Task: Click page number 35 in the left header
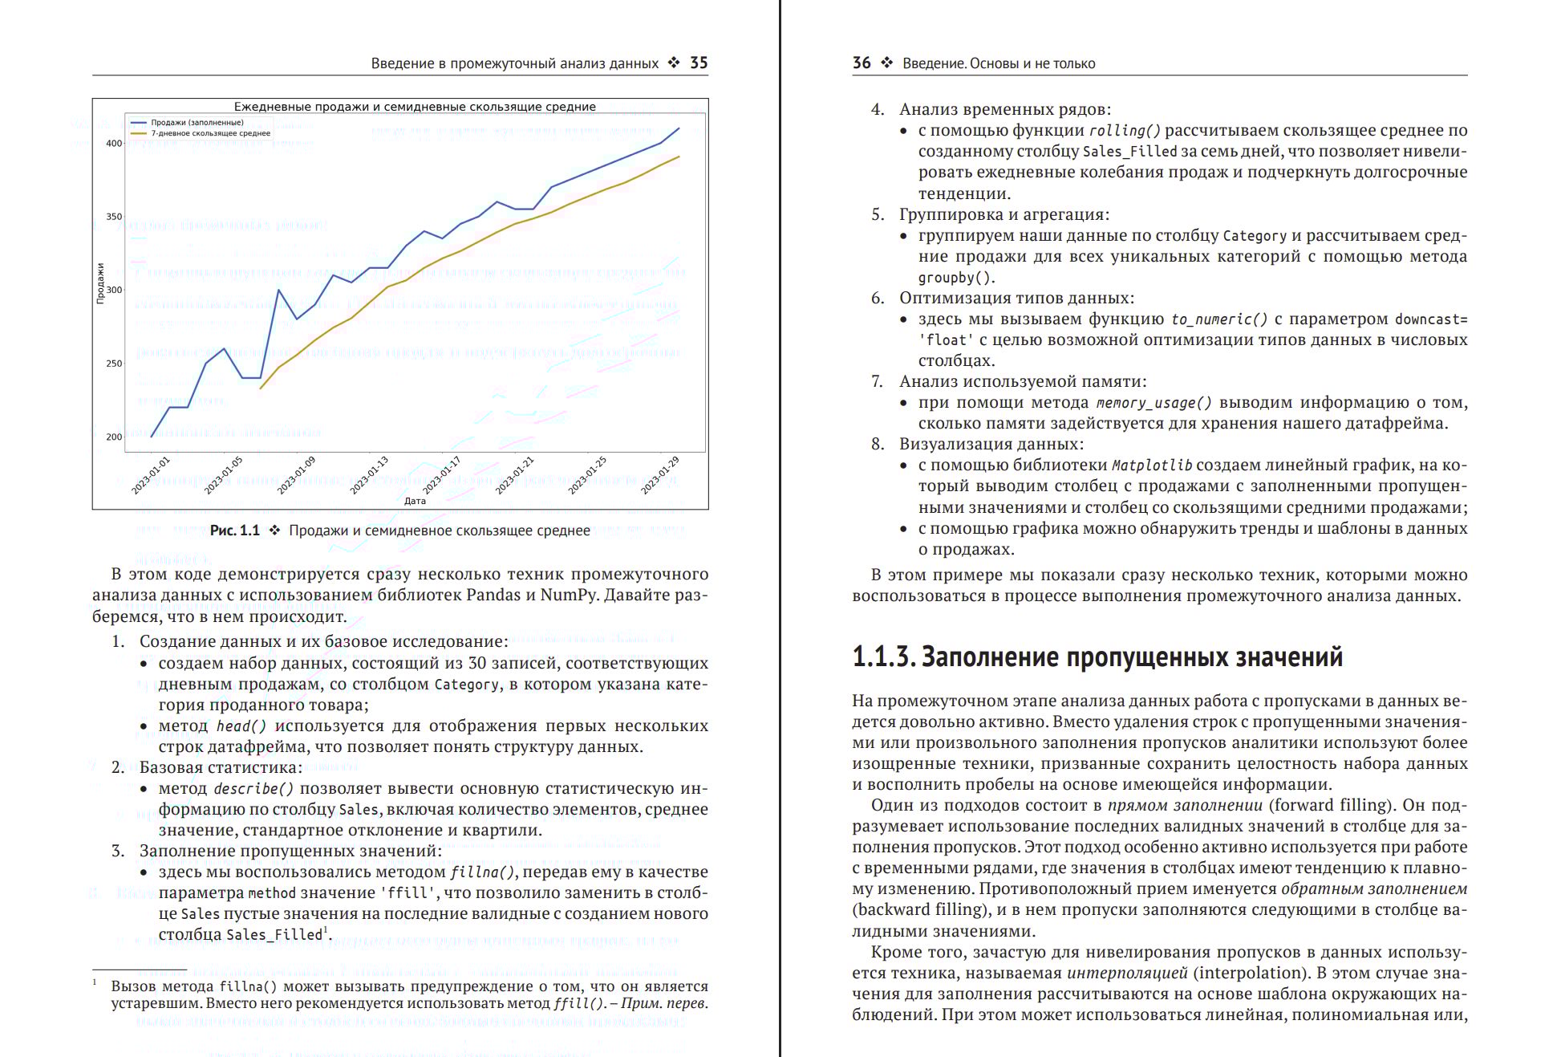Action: pos(699,63)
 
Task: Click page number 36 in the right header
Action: pos(862,63)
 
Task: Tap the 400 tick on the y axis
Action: pos(114,144)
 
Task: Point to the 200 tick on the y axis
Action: pos(114,437)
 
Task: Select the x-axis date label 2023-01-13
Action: pos(369,474)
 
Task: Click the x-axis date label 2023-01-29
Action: pos(660,474)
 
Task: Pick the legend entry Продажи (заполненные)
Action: pos(197,123)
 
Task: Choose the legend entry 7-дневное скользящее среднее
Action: pos(210,133)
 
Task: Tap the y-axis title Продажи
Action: pos(100,283)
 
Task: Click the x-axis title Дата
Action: pos(415,501)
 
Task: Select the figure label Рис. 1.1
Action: pos(234,531)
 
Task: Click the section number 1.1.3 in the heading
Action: pos(883,657)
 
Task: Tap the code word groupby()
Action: pos(956,278)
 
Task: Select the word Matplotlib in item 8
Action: pos(1151,465)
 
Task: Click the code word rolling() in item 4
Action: pos(1125,131)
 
